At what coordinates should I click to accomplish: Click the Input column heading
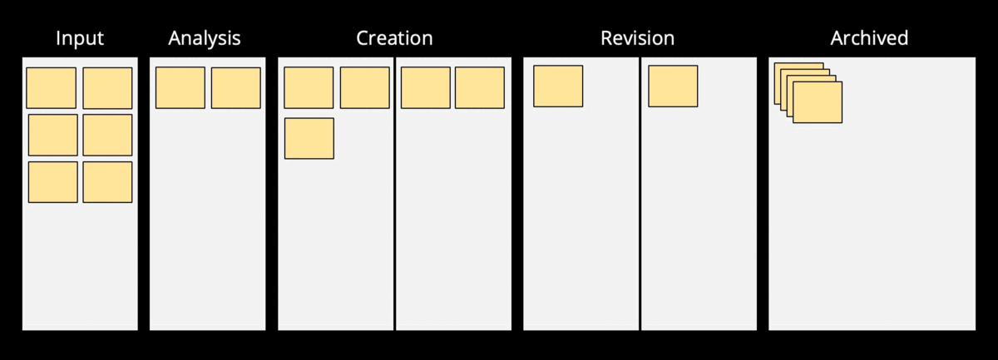[x=79, y=38]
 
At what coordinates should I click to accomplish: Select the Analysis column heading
[x=205, y=38]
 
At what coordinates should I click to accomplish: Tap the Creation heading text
[x=394, y=38]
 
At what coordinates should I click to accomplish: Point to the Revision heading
[x=637, y=38]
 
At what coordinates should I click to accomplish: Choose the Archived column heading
[x=869, y=38]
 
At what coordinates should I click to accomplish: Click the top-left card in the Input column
[x=52, y=88]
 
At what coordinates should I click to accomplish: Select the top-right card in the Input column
[x=107, y=88]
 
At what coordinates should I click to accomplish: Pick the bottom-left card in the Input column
[x=53, y=182]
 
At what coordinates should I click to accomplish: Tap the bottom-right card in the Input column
[x=107, y=182]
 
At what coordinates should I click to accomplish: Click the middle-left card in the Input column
[x=53, y=135]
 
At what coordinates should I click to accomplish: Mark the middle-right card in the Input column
[x=107, y=135]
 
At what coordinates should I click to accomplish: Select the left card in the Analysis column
[x=180, y=88]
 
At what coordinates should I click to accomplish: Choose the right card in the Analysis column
[x=236, y=88]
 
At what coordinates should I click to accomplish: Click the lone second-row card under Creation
[x=309, y=138]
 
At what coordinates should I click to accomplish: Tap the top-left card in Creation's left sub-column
[x=309, y=88]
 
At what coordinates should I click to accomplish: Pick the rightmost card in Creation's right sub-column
[x=479, y=88]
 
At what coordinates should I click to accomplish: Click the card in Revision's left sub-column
[x=558, y=86]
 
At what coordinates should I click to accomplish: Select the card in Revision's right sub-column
[x=673, y=86]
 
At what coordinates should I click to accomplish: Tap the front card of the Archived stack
[x=818, y=103]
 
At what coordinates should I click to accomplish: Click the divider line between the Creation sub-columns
[x=395, y=208]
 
